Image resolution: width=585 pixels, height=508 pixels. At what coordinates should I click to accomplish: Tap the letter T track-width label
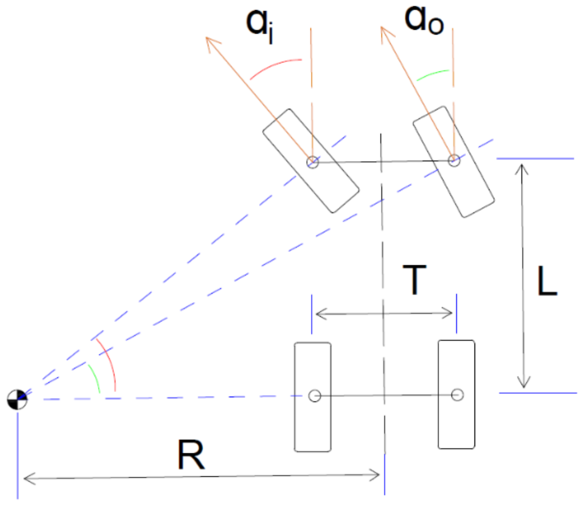pyautogui.click(x=414, y=280)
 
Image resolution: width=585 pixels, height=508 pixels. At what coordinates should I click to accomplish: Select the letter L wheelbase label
pyautogui.click(x=547, y=282)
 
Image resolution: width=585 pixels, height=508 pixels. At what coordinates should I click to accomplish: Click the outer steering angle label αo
pyautogui.click(x=423, y=20)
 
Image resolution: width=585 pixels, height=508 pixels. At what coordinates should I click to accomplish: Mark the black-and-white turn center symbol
pyautogui.click(x=17, y=399)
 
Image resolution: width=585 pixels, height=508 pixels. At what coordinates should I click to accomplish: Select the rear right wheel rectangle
pyautogui.click(x=456, y=423)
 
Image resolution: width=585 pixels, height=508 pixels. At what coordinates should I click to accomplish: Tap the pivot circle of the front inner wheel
pyautogui.click(x=313, y=162)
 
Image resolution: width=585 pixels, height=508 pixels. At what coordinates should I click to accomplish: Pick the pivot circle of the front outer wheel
pyautogui.click(x=454, y=160)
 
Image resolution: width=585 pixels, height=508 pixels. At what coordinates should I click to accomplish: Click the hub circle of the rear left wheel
pyautogui.click(x=315, y=396)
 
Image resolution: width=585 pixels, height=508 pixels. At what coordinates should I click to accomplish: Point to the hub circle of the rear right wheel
pyautogui.click(x=457, y=394)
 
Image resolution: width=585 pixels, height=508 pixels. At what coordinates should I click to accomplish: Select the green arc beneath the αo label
pyautogui.click(x=432, y=74)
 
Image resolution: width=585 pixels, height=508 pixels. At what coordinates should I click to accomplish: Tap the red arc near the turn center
pyautogui.click(x=110, y=363)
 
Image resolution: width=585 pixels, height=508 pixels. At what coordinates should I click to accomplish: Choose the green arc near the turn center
pyautogui.click(x=95, y=377)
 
